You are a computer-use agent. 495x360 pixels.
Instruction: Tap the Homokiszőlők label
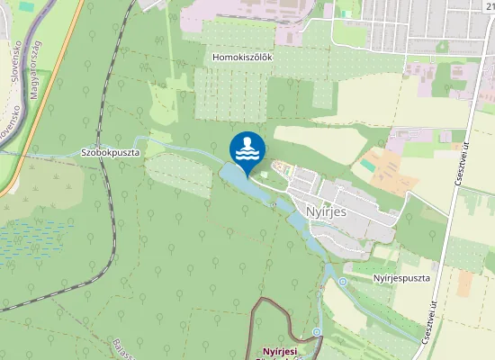242,57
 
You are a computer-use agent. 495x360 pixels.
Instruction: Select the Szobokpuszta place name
110,153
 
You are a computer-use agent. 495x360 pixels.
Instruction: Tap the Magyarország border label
35,68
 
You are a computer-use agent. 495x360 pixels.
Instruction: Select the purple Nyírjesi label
279,351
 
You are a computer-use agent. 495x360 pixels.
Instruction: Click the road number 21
488,7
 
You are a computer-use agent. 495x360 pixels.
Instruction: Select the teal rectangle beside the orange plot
367,166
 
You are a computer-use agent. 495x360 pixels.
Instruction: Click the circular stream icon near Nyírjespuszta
343,283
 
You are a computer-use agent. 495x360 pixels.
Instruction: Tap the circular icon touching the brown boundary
317,332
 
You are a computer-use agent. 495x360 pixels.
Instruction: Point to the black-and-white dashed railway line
112,180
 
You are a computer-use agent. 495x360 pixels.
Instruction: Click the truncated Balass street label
122,347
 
